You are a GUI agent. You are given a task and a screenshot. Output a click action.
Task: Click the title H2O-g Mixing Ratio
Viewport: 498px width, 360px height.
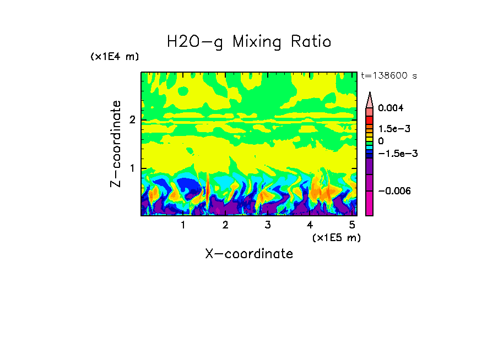point(249,42)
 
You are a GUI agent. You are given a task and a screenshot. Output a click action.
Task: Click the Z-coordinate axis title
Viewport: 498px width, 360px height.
point(116,144)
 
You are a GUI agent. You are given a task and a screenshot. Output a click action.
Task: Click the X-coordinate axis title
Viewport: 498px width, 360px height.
point(249,254)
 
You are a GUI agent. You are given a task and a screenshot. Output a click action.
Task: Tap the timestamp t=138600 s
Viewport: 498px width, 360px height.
point(388,76)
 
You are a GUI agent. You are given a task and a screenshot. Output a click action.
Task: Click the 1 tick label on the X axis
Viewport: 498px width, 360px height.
point(183,225)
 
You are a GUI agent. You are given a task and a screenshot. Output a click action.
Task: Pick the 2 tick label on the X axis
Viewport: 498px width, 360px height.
point(225,225)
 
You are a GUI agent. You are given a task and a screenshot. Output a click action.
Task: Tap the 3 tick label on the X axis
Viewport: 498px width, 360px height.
point(267,225)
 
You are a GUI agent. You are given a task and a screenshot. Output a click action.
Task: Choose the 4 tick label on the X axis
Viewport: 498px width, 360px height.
point(310,225)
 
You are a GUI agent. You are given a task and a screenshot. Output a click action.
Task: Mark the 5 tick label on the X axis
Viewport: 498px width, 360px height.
point(352,225)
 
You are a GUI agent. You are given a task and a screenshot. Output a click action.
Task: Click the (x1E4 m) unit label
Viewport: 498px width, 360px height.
point(115,57)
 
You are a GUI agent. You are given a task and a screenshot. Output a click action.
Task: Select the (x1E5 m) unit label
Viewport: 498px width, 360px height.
point(336,237)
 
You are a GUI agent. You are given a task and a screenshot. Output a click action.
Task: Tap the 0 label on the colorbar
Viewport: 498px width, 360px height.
point(381,141)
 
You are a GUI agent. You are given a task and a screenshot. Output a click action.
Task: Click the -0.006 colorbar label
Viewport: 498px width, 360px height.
point(393,190)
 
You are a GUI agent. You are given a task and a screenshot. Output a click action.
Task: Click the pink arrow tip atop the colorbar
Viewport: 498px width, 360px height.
point(370,99)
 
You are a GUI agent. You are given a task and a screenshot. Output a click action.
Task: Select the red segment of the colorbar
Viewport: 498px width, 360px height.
point(370,121)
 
